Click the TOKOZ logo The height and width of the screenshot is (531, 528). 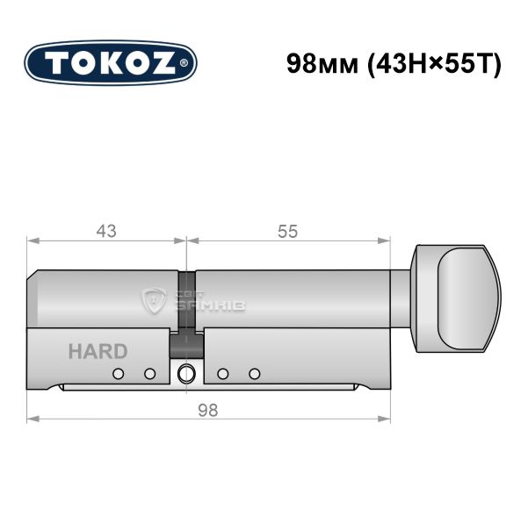click(111, 63)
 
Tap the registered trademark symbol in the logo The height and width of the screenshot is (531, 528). click(183, 63)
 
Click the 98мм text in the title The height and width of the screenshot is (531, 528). click(322, 64)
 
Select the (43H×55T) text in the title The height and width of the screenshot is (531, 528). click(434, 64)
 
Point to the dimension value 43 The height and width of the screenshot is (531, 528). click(106, 232)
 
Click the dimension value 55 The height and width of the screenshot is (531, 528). click(288, 232)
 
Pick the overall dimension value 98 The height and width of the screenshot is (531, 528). click(208, 411)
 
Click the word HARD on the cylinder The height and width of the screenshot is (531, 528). click(98, 351)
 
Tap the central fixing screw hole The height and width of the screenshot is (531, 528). click(186, 374)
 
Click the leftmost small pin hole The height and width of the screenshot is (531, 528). click(118, 374)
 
